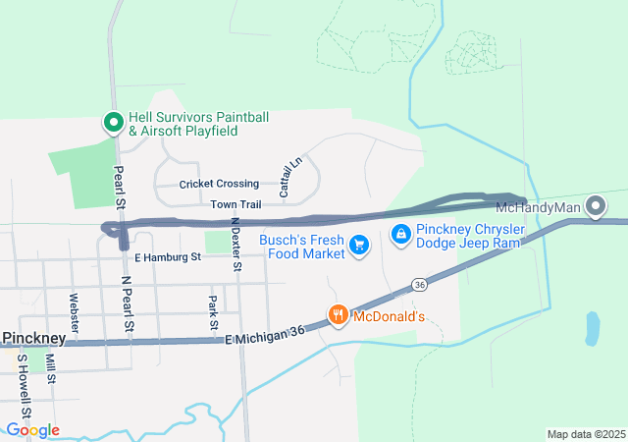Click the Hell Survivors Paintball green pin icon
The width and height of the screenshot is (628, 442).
coord(113,123)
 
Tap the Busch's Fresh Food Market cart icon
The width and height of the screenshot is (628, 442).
coord(359,245)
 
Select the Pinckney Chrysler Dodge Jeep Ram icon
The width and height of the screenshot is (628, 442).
coord(400,235)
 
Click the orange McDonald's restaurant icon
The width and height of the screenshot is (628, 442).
coord(338,315)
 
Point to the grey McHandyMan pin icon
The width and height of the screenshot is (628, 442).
coord(595,206)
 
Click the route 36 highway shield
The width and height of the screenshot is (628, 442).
coord(420,284)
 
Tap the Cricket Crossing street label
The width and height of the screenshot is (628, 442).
coord(219,184)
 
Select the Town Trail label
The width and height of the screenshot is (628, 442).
coord(235,204)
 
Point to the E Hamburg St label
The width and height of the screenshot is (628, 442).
coord(167,257)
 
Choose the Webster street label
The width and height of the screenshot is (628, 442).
coord(74,310)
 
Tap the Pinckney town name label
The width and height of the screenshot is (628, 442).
coord(33,338)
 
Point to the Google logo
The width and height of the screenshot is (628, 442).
coord(31,430)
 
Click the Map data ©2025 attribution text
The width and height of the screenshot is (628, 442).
coord(585,434)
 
